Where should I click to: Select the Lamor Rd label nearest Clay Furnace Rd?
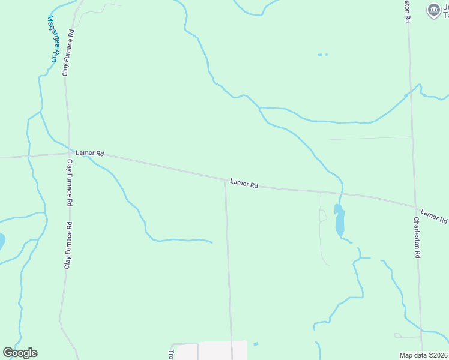click(x=90, y=154)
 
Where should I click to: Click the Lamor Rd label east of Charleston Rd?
click(x=433, y=217)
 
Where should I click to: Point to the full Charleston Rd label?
click(x=416, y=237)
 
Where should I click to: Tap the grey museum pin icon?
click(x=433, y=10)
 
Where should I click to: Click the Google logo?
click(x=20, y=353)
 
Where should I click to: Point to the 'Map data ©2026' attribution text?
click(x=423, y=355)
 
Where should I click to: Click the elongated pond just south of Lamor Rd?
click(x=339, y=221)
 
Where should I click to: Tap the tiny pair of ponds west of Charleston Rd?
click(x=322, y=55)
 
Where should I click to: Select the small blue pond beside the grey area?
click(x=256, y=344)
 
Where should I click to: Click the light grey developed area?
click(x=222, y=350)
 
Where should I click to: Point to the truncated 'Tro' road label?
click(x=172, y=355)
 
